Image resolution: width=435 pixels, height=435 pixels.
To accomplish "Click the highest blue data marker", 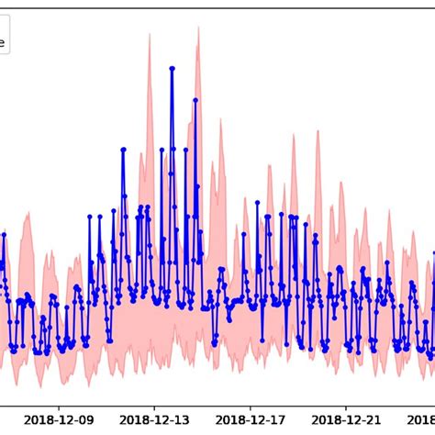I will tap(172, 68).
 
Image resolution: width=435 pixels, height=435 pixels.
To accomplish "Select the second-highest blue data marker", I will tap(195, 100).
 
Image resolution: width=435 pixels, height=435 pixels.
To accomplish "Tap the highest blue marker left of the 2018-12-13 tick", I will tap(123, 149).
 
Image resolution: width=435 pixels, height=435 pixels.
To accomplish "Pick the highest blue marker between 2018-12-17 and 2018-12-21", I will tap(290, 217).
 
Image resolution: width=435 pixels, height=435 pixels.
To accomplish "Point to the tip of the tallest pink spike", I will tap(197, 28).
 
